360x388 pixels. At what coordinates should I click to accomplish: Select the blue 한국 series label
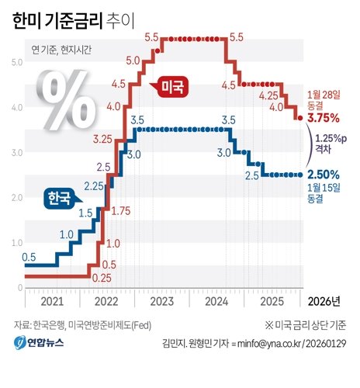tap(57, 198)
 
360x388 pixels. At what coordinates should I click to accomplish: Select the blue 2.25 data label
tap(93, 185)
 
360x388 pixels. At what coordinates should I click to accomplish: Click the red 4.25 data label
tap(268, 95)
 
